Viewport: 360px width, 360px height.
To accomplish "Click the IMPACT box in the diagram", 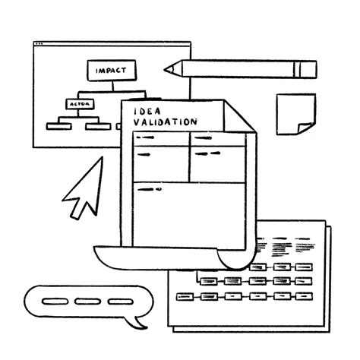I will point(111,71).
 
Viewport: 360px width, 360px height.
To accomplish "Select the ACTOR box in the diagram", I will point(79,103).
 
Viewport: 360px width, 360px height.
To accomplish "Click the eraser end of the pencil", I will point(308,68).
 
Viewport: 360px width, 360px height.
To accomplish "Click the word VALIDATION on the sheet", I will point(165,122).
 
